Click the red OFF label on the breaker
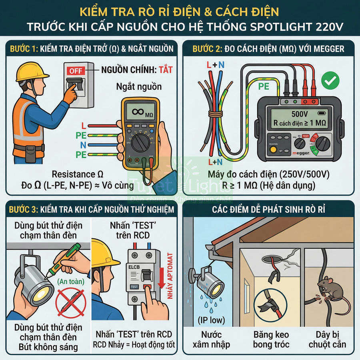(x=76, y=71)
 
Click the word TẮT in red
(x=165, y=70)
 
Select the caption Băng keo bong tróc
(x=271, y=339)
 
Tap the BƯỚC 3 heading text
(x=23, y=210)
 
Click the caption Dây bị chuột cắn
(x=330, y=339)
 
